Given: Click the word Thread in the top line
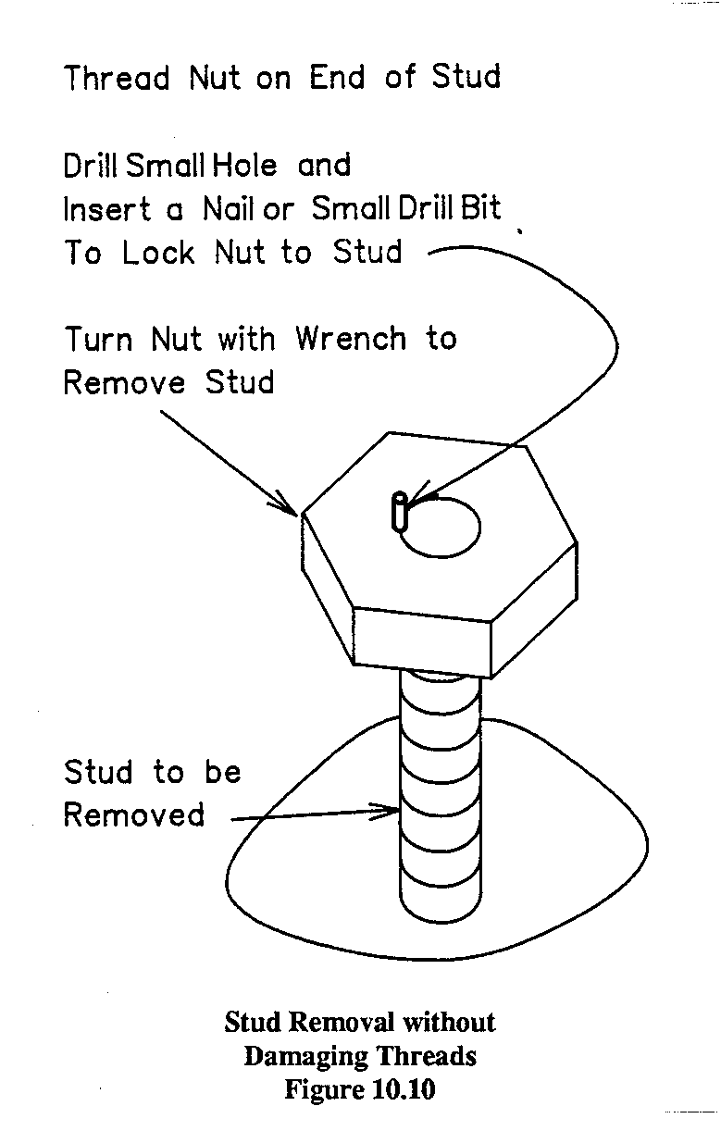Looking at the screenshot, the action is tap(117, 78).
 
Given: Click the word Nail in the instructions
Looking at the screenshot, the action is tap(227, 208).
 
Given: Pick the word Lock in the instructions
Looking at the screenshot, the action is tap(158, 252).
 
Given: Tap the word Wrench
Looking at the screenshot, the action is tap(351, 339).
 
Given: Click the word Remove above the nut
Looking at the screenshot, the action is tap(124, 382).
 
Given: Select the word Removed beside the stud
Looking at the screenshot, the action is tap(134, 814).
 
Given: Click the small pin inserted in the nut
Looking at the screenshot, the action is tap(400, 511).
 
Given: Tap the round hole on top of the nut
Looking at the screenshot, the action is tap(441, 528).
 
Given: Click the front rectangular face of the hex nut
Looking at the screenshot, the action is tap(422, 642).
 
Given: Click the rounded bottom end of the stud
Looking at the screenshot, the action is tap(441, 899).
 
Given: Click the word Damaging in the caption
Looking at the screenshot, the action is tap(305, 1056).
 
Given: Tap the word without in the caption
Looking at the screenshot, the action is tap(449, 1023).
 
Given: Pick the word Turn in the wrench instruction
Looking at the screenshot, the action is tap(98, 339).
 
